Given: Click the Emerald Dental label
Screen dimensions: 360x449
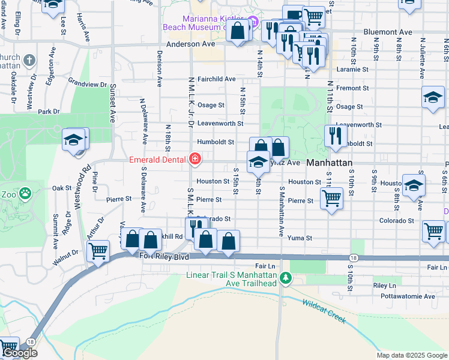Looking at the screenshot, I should click(x=159, y=160).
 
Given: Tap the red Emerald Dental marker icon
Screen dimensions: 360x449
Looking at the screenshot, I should click(x=195, y=160).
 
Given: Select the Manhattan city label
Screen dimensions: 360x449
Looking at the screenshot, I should click(x=328, y=163).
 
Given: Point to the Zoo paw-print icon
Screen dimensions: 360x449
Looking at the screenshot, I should click(x=25, y=193).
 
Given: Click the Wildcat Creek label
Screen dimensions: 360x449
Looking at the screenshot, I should click(x=324, y=311).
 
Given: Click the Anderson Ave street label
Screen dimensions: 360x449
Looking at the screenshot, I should click(x=190, y=44).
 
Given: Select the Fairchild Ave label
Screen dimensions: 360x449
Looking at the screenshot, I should click(x=216, y=79).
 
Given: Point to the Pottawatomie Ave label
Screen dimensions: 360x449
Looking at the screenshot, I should click(x=412, y=296).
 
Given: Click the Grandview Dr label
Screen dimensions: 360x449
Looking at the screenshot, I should click(x=87, y=83).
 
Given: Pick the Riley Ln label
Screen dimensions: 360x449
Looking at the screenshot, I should click(x=385, y=286).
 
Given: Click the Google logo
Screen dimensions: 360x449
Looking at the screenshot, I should click(x=20, y=353).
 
